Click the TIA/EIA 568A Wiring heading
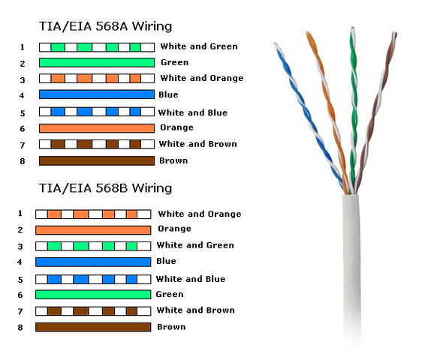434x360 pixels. pos(105,26)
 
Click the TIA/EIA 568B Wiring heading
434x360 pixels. pos(105,188)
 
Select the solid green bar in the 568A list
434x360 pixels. pos(97,62)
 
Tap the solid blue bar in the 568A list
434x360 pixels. pos(97,94)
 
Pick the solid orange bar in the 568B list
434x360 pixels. pos(93,230)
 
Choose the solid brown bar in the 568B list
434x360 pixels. pos(93,327)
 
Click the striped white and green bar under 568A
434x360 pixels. pos(97,47)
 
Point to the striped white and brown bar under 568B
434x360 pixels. pos(93,311)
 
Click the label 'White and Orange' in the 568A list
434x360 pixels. pos(202,78)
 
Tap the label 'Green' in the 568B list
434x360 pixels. pos(170,294)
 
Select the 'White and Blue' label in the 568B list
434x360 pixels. pos(191,279)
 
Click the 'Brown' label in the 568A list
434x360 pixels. pos(173,160)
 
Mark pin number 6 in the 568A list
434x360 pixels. pos(23,128)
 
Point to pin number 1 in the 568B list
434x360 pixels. pos(20,214)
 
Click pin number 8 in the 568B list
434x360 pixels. pos(20,328)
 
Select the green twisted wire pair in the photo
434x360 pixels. pos(354,110)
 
